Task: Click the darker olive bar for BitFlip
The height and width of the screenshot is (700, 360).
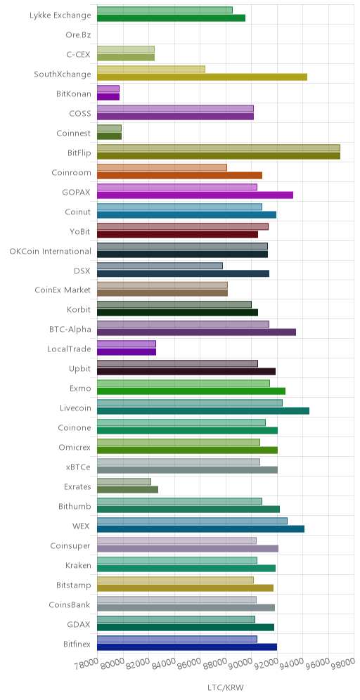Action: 219,156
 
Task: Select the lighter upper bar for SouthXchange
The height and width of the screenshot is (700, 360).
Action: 151,69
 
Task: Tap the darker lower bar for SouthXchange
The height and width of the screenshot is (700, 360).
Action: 202,77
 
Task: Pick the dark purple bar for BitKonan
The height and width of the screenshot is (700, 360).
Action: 108,97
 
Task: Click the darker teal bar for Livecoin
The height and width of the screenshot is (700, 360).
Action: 203,411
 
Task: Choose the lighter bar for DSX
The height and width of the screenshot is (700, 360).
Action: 160,266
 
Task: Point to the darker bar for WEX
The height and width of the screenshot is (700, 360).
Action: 200,529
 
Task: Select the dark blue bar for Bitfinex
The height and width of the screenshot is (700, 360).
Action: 187,647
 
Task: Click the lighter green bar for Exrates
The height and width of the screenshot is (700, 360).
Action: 124,481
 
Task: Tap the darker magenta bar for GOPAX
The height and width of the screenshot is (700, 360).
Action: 195,195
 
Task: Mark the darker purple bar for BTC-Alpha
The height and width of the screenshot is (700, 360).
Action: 197,332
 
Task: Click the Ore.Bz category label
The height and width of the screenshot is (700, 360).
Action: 78,35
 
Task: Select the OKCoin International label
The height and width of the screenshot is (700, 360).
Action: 51,251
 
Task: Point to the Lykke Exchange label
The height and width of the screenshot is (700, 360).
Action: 60,15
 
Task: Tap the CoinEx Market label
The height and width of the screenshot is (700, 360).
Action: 63,290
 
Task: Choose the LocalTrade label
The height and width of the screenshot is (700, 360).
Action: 69,349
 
